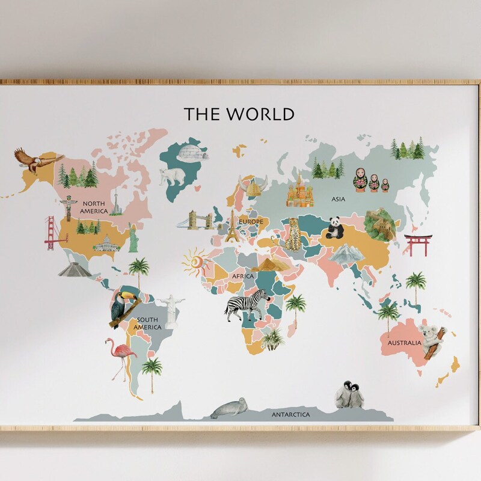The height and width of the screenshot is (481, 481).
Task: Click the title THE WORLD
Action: [239, 114]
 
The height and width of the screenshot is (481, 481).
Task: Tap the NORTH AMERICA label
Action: [95, 207]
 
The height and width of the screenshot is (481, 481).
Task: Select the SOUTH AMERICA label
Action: [148, 323]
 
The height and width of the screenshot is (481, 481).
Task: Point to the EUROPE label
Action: [251, 222]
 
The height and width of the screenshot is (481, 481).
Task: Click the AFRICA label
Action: [244, 276]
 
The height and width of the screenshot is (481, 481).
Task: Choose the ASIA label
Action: [339, 198]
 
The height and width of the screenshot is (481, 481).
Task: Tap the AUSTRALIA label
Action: [404, 343]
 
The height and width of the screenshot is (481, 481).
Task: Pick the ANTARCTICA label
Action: [290, 415]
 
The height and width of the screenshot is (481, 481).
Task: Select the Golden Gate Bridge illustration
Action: [56, 234]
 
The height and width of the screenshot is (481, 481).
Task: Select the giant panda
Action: [334, 228]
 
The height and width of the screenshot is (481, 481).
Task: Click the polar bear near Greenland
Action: [172, 177]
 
